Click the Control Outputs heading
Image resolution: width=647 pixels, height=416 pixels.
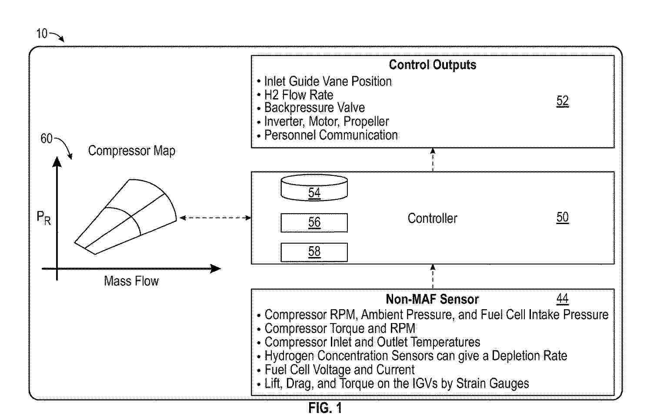[x=432, y=65]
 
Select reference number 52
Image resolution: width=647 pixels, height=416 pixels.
[x=562, y=101]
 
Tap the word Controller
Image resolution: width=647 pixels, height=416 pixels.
[x=432, y=218]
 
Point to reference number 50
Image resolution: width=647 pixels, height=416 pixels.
[x=562, y=217]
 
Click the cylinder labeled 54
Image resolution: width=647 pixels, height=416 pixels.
[x=314, y=188]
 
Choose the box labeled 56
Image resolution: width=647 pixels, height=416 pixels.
[x=314, y=223]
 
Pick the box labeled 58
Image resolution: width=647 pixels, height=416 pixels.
[x=314, y=252]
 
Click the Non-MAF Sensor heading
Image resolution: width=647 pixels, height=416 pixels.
[x=432, y=299]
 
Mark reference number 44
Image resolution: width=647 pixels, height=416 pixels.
[x=562, y=298]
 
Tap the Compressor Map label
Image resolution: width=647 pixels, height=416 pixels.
[x=131, y=151]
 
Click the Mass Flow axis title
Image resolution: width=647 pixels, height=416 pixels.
[x=131, y=281]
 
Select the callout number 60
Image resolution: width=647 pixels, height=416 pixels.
[x=46, y=139]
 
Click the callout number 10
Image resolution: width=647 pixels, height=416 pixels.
[x=42, y=33]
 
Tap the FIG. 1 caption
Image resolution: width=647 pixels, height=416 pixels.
[x=325, y=408]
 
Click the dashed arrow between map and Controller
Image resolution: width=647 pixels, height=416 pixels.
[x=215, y=218]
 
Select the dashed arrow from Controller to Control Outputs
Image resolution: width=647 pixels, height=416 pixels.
[x=433, y=160]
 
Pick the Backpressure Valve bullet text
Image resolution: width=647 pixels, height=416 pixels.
[x=314, y=108]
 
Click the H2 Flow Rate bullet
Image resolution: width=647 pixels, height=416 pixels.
[x=299, y=95]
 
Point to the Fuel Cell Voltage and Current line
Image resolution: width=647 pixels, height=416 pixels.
[x=339, y=370]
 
